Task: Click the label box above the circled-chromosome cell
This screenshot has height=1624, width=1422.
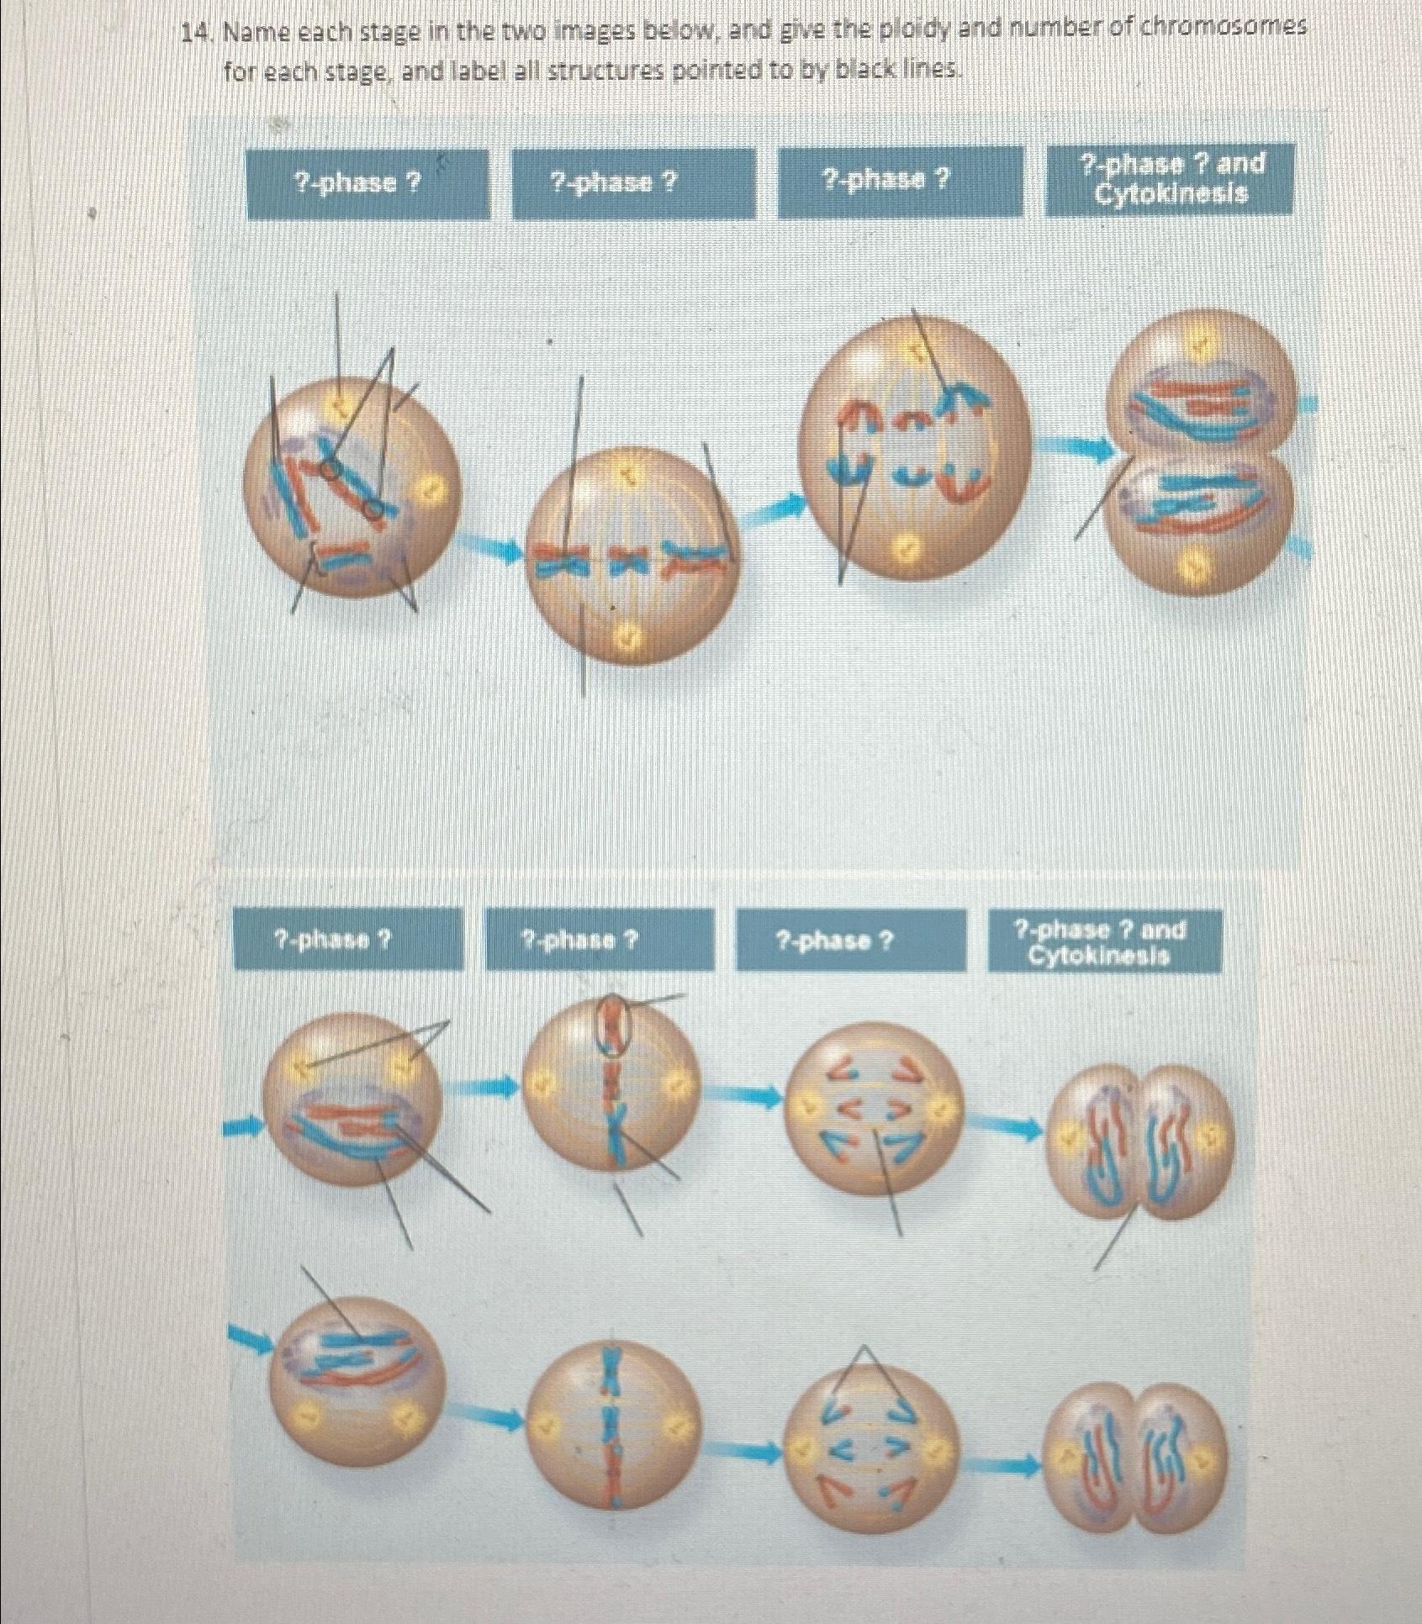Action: [x=600, y=939]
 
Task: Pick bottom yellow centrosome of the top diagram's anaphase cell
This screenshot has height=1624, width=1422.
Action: [x=905, y=551]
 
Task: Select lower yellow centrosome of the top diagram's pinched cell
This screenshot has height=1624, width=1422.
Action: [x=1195, y=572]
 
